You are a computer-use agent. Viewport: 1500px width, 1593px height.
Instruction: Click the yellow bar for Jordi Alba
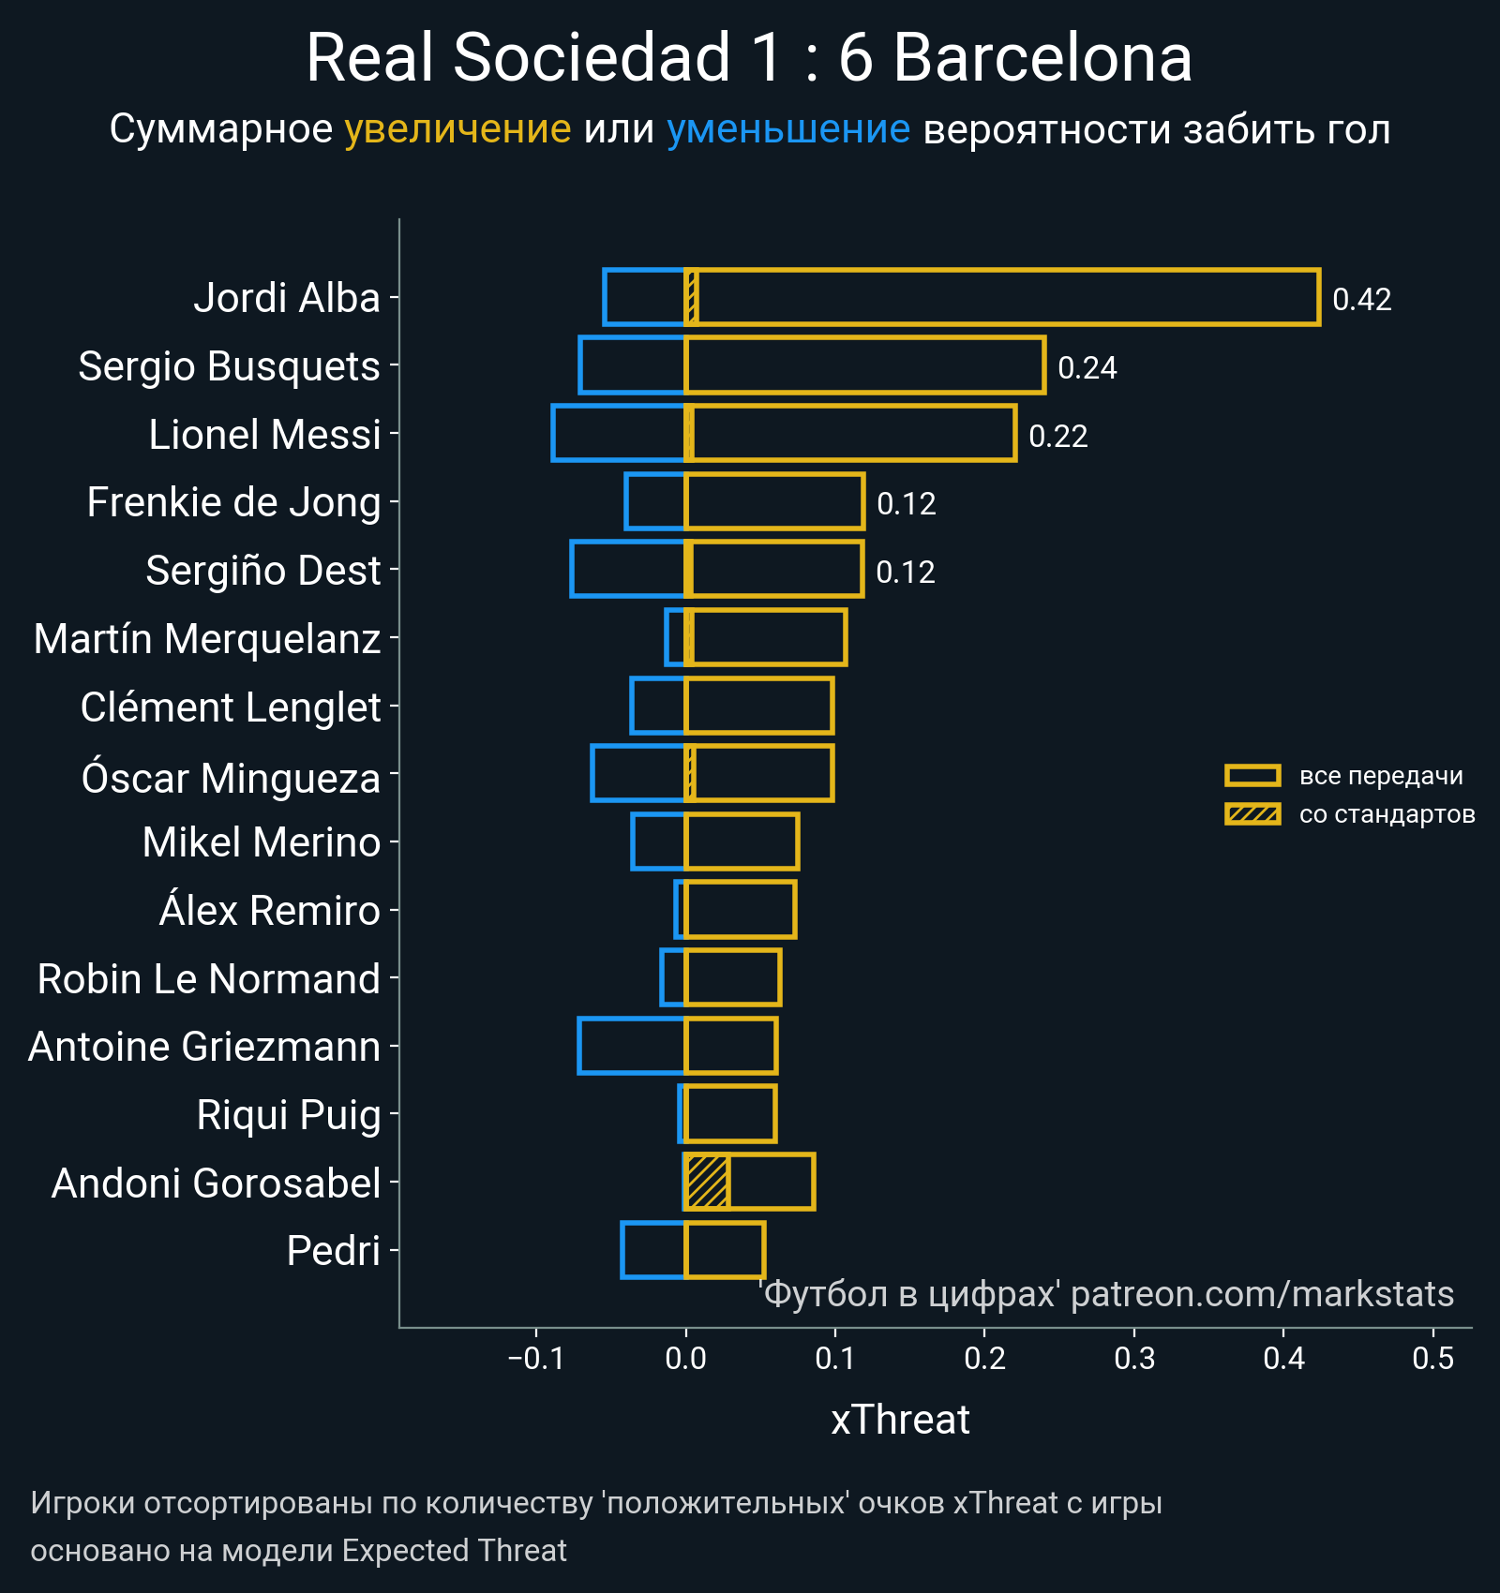tap(1003, 297)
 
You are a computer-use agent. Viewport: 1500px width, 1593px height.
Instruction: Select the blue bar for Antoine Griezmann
tap(632, 1046)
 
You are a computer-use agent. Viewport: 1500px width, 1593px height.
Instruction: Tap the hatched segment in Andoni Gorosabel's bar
tap(707, 1183)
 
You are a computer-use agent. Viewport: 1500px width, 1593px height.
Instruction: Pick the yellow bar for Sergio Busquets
tap(864, 365)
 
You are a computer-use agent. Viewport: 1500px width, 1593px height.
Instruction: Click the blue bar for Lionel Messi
tap(619, 433)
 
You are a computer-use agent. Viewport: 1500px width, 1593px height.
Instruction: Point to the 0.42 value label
tap(1361, 300)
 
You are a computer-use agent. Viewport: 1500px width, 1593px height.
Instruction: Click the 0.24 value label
tap(1087, 368)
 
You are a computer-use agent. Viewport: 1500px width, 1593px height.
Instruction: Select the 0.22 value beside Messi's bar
tap(1057, 437)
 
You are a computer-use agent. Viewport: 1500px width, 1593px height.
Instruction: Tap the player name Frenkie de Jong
tap(233, 502)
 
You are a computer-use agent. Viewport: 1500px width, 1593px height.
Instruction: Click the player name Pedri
tap(333, 1251)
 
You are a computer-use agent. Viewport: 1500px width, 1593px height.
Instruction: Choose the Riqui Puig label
tap(288, 1115)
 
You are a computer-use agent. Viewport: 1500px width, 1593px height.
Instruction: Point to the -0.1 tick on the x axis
tap(536, 1359)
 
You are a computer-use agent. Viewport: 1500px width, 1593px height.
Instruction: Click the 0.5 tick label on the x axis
tap(1432, 1359)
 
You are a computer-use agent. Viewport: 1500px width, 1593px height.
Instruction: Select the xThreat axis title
tap(900, 1420)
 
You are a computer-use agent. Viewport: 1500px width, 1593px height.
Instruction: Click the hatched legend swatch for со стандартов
tap(1252, 814)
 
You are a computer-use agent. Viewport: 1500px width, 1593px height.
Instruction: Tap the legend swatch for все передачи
tap(1252, 776)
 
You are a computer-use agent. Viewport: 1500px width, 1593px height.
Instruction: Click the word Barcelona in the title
tap(1042, 58)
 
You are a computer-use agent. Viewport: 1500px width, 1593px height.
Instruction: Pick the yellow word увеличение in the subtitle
tap(457, 129)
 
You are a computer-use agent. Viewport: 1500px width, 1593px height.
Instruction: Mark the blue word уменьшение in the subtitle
tap(787, 129)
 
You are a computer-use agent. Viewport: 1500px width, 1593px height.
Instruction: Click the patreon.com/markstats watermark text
tap(1261, 1294)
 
